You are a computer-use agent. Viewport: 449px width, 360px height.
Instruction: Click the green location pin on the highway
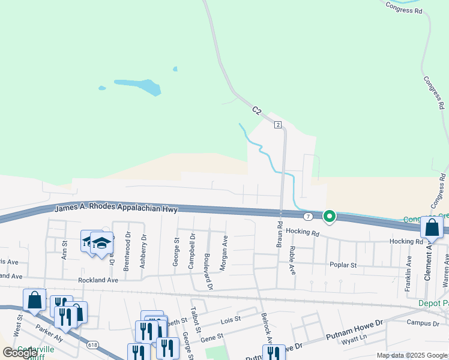(329, 216)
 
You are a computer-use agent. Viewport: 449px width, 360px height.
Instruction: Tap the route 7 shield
(308, 216)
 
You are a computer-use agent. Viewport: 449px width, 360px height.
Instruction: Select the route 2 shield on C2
(278, 125)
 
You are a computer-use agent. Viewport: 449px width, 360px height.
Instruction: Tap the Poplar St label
(343, 265)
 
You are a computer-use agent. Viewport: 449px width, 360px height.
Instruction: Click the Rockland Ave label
(98, 280)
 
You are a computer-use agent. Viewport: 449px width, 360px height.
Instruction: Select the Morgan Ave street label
(223, 253)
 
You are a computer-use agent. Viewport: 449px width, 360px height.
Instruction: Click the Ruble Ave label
(292, 260)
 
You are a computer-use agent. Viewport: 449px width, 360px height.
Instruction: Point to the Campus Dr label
(423, 323)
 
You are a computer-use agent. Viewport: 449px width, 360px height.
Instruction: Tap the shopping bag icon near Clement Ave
(432, 227)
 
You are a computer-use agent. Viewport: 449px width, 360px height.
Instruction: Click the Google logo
(19, 352)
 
